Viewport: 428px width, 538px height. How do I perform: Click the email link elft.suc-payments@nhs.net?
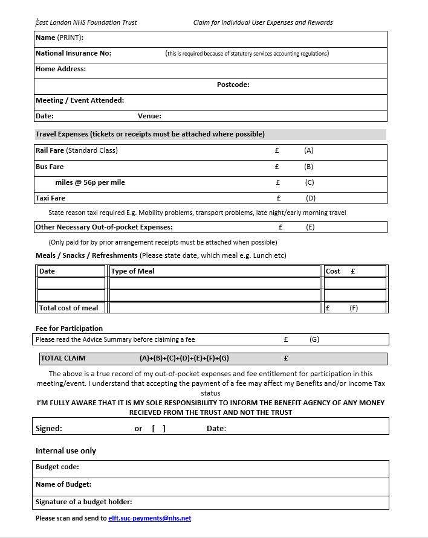click(149, 518)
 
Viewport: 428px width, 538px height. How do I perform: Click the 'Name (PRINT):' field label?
click(59, 37)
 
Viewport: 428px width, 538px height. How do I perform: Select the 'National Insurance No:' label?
click(73, 53)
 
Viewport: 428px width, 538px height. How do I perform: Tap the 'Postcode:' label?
click(233, 85)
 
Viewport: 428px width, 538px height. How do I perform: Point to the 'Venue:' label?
click(149, 116)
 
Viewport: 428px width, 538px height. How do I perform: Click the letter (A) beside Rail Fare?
click(309, 150)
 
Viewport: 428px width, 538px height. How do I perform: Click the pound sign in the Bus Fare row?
click(277, 167)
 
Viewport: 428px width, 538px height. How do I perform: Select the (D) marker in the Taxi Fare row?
click(311, 198)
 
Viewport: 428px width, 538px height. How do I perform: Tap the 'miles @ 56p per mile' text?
click(90, 182)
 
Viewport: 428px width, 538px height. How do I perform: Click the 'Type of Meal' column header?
click(133, 271)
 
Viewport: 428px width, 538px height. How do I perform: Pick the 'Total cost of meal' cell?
click(68, 308)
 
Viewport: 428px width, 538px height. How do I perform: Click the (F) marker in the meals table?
click(354, 308)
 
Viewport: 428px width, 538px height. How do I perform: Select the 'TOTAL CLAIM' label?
click(63, 358)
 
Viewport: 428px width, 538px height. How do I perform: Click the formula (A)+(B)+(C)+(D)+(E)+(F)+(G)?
click(184, 358)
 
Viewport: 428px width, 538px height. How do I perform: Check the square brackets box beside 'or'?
click(159, 429)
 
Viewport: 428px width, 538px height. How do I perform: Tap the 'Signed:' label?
click(49, 429)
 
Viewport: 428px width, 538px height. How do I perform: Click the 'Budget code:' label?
click(57, 467)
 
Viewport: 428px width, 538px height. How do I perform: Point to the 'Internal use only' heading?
click(66, 451)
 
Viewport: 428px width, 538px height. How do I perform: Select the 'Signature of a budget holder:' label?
click(84, 502)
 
